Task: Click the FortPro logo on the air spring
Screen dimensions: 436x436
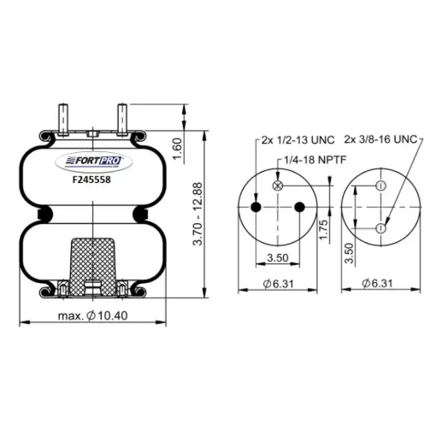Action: (x=93, y=162)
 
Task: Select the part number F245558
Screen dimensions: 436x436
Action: (x=91, y=180)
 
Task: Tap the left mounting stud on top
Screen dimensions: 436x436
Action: (x=63, y=120)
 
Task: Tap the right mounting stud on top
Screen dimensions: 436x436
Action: (x=122, y=120)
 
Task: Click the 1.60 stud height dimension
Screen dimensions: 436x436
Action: (x=177, y=149)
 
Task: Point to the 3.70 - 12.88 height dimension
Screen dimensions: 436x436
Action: (x=197, y=214)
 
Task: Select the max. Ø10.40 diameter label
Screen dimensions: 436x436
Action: (x=93, y=315)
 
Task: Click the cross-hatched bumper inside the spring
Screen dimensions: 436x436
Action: (x=93, y=268)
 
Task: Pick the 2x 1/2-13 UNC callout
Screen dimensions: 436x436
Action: (x=298, y=140)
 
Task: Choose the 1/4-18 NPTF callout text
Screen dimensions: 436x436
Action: (x=315, y=160)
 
